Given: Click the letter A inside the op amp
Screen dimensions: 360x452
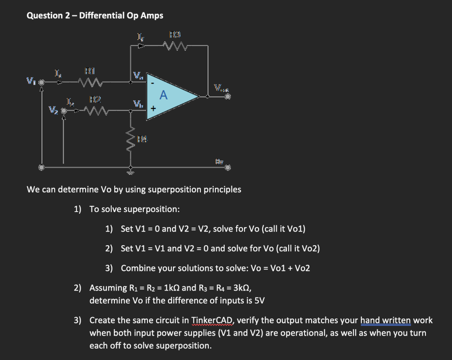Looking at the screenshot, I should (164, 95).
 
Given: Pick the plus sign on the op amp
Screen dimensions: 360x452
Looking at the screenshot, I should (154, 108).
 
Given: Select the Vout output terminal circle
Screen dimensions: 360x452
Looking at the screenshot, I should (228, 96).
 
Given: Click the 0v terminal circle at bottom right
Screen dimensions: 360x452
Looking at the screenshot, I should (228, 168).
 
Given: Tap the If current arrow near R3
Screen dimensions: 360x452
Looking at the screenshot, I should (140, 45).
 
